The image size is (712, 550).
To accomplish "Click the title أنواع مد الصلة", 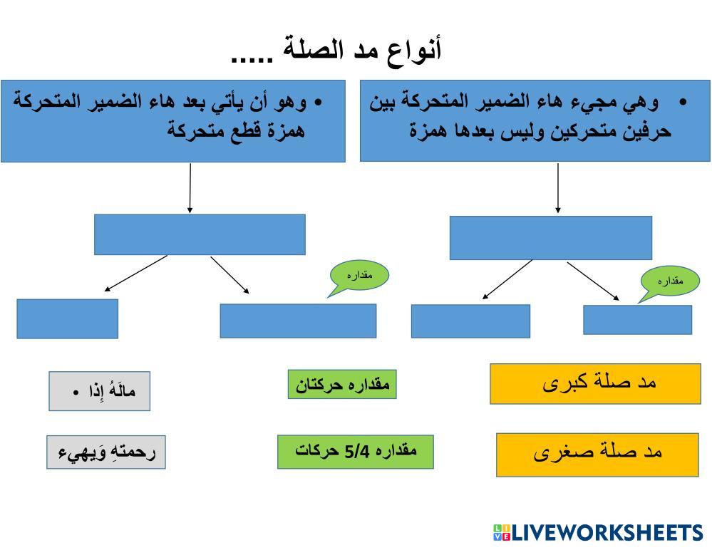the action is (336, 51).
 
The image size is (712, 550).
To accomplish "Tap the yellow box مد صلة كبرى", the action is (595, 383).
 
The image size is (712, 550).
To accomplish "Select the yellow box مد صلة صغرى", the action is (597, 453).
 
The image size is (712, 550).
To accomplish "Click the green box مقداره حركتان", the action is (342, 385).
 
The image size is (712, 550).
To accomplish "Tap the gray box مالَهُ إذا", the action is (100, 391).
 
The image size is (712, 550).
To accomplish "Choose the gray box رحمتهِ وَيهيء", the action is (106, 452).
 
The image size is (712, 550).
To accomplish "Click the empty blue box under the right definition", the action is (550, 238).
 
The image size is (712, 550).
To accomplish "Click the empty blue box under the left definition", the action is (200, 234).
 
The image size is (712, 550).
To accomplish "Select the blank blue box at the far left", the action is (68, 318).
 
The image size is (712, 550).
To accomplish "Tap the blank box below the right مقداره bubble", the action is (637, 320).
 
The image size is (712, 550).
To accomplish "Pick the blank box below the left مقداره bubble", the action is (298, 321).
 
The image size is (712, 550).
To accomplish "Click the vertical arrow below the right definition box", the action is (557, 189).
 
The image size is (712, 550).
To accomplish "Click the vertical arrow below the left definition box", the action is (190, 188).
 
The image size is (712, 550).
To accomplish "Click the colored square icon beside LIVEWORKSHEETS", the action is (502, 533).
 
